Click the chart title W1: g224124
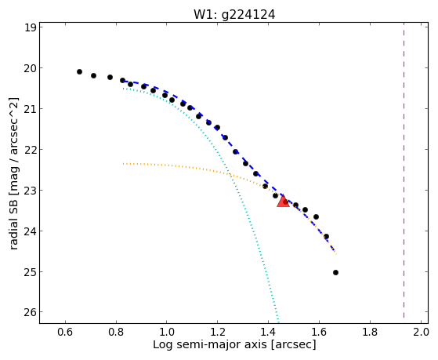[x=234, y=15]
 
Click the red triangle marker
[x=283, y=201]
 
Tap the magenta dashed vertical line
[x=404, y=171]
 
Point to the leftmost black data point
[x=79, y=72]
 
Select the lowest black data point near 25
[x=336, y=272]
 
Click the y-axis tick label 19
[x=31, y=27]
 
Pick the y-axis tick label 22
[x=31, y=150]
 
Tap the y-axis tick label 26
[x=31, y=312]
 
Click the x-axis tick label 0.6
[x=65, y=332]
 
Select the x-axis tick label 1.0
[x=166, y=332]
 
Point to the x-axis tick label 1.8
[x=370, y=332]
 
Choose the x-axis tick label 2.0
[x=421, y=332]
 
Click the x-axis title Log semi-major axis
[x=210, y=344]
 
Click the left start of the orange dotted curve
[x=123, y=164]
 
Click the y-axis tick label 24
[x=31, y=231]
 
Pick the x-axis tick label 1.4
[x=268, y=332]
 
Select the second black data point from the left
[x=93, y=75]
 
